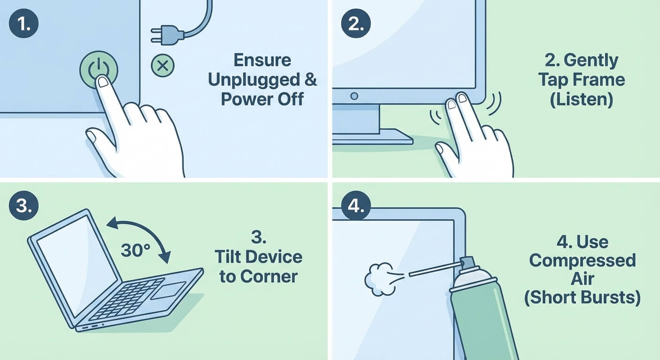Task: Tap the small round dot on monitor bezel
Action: [354, 96]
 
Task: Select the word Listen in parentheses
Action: [581, 100]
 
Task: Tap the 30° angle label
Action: [135, 251]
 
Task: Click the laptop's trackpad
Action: [168, 291]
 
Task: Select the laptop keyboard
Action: [124, 298]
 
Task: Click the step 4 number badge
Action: [356, 206]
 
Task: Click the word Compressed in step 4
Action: [582, 260]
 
